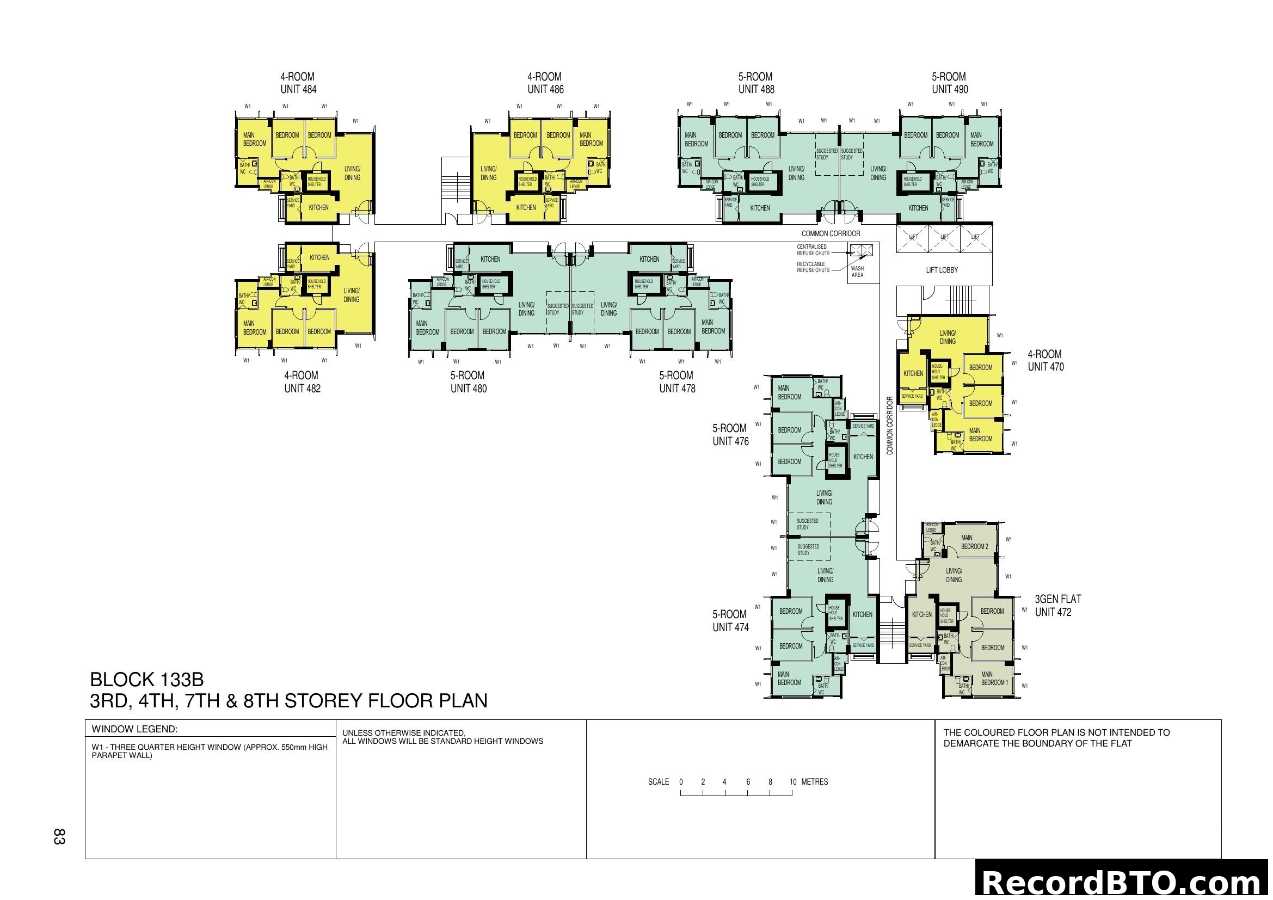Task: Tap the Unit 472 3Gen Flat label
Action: [1057, 606]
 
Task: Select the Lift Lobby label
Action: [942, 270]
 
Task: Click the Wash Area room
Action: [857, 272]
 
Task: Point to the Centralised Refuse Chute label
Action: [813, 250]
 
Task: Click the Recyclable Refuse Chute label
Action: [813, 267]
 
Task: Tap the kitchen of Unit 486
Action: [526, 208]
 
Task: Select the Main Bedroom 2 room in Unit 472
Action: [974, 542]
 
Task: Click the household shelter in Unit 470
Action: [938, 372]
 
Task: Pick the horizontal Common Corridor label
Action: [831, 234]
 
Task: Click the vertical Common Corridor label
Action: [890, 426]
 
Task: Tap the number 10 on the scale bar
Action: [793, 782]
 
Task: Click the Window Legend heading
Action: [134, 729]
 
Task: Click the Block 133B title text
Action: [147, 680]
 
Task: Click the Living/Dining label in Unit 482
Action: [351, 295]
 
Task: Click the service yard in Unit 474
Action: [863, 646]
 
